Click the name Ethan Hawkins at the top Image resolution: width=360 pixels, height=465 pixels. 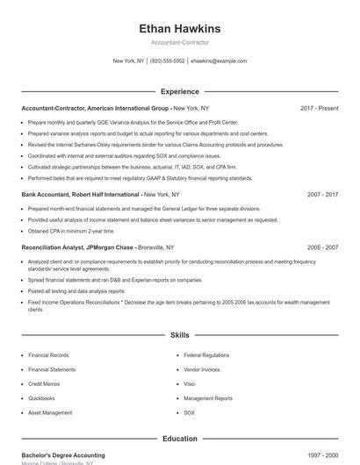(180, 28)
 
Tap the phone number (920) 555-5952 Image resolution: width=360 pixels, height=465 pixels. (167, 61)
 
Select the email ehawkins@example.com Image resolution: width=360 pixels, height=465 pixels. (219, 61)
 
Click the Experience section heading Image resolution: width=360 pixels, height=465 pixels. (180, 91)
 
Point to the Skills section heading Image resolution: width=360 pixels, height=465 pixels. (180, 335)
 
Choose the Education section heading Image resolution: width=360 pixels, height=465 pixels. (180, 438)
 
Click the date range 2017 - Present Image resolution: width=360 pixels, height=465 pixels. (319, 108)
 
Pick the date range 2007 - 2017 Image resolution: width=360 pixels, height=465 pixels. (322, 194)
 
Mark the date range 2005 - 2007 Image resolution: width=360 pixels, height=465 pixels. (322, 247)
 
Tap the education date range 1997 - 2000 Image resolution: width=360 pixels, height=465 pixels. (322, 455)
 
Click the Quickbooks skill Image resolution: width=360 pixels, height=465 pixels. (41, 397)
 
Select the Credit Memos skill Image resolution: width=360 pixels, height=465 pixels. (44, 383)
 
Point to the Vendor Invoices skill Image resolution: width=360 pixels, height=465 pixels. (202, 369)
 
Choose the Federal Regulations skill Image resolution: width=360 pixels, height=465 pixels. (205, 355)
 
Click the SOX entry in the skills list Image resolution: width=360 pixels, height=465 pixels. (189, 412)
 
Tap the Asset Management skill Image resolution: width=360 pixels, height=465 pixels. (50, 412)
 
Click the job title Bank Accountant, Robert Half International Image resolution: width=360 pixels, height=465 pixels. (80, 194)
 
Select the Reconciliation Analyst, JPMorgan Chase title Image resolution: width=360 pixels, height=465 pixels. (77, 247)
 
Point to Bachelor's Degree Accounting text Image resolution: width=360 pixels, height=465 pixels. (62, 455)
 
